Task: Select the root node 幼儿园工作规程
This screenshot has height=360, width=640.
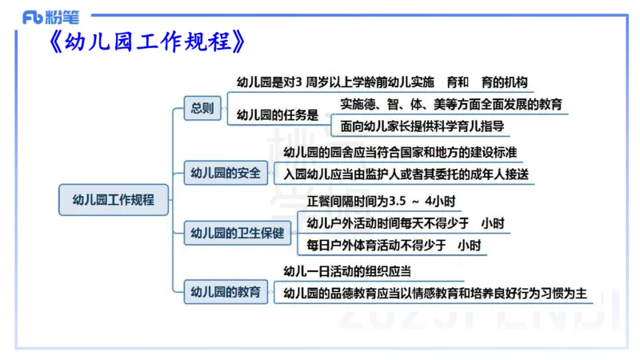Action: pos(114,199)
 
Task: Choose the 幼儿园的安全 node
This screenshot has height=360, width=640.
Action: pos(225,172)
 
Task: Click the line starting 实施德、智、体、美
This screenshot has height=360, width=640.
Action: pos(451,104)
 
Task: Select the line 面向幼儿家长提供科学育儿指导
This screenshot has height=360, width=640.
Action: pos(422,126)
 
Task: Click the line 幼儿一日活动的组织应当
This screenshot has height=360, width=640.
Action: pos(348,272)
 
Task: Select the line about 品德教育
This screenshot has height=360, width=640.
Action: pos(436,293)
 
